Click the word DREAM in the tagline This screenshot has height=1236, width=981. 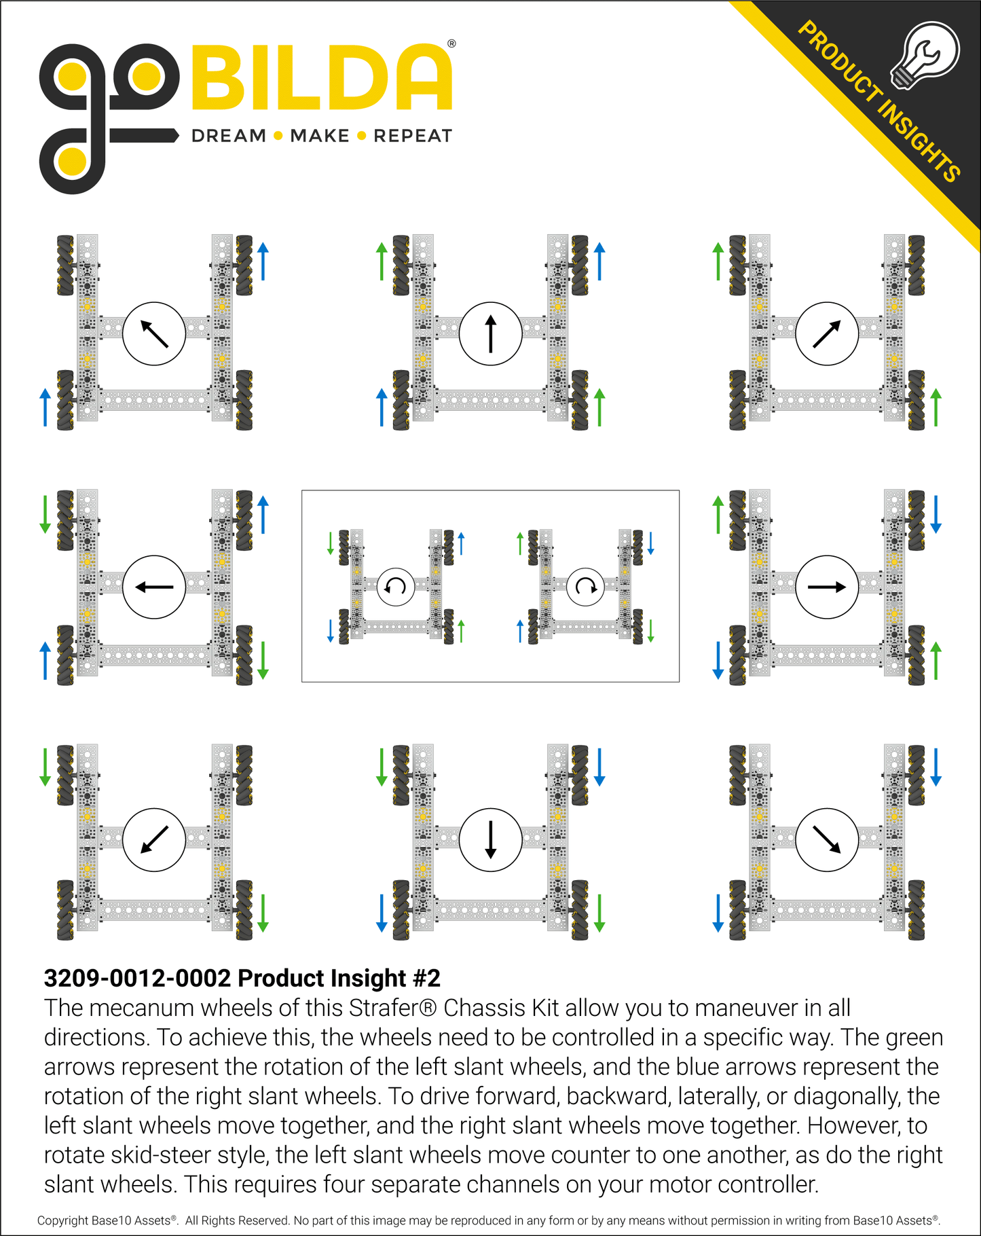229,136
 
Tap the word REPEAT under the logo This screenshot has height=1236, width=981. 413,136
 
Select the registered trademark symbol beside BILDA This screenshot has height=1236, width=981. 451,44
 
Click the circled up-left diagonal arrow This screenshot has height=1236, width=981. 154,333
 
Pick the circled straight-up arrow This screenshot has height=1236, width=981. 490,333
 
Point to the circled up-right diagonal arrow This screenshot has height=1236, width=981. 826,333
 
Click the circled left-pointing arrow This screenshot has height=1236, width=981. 154,587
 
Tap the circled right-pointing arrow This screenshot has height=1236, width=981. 826,587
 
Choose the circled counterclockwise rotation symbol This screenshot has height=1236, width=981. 396,586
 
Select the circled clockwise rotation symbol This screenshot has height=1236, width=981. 585,586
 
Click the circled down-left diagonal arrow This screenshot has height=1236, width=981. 154,839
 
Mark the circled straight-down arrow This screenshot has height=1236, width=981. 490,839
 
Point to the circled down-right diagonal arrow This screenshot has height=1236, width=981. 826,839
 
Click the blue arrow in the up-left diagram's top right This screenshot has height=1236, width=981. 263,261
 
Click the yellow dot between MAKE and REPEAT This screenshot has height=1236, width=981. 361,136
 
